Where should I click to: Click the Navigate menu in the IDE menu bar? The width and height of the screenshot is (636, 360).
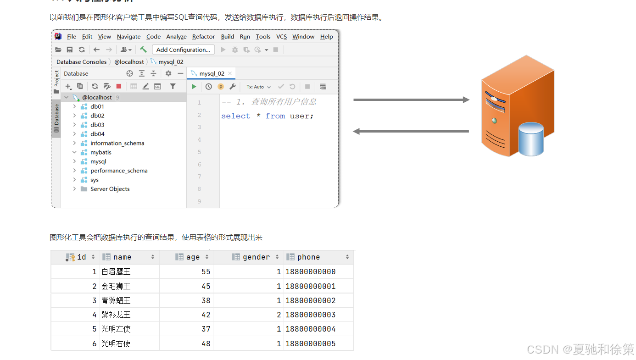[128, 37]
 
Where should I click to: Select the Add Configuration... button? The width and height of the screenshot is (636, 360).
[183, 50]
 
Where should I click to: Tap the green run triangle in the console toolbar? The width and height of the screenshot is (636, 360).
[194, 87]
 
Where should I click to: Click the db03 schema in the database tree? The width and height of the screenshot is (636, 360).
[97, 125]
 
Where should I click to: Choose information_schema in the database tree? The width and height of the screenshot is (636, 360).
[117, 143]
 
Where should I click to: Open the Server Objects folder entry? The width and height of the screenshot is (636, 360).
[110, 189]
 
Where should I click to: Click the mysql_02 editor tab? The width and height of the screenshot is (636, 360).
[212, 73]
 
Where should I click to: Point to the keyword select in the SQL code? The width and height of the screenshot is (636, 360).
[235, 116]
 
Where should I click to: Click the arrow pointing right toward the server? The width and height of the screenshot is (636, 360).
[411, 100]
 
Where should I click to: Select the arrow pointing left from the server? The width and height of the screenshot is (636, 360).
[411, 132]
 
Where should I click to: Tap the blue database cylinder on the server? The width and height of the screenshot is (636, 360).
[531, 139]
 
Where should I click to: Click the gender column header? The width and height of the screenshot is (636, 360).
[256, 257]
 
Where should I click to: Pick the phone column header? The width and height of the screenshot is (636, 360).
[308, 257]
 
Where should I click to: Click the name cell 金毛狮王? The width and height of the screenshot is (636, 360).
[116, 286]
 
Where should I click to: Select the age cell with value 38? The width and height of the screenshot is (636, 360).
[206, 301]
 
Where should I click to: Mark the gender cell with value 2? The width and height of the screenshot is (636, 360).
[279, 315]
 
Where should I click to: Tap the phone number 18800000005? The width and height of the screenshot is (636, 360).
[311, 343]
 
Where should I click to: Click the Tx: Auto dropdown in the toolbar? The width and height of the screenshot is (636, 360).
[258, 87]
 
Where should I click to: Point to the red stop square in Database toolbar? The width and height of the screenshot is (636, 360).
[119, 86]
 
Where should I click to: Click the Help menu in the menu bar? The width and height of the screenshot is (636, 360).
[326, 37]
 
